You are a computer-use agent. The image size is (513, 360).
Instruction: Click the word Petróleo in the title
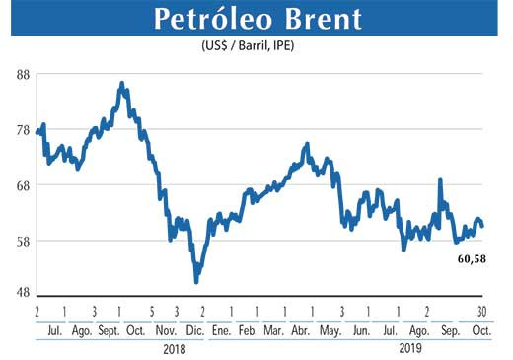[208, 20]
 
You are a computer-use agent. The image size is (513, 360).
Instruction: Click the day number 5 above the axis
[150, 311]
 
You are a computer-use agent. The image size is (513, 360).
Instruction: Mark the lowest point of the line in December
[196, 282]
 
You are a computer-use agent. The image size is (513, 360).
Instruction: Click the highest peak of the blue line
[121, 84]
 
